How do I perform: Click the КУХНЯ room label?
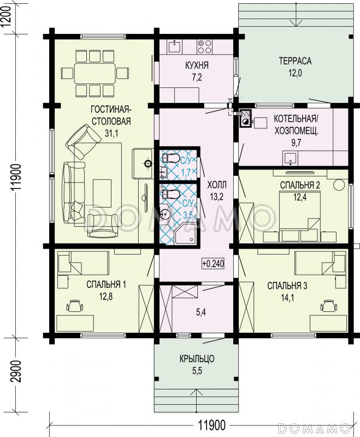click(197, 66)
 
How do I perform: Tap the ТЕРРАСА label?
click(295, 61)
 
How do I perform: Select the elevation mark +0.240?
click(213, 263)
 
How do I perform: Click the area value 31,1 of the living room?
click(111, 133)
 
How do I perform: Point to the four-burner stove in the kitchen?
click(205, 46)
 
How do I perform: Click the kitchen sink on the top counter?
click(175, 46)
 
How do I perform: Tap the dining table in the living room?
click(95, 73)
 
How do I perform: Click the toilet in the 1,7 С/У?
click(170, 158)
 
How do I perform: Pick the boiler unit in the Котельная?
click(245, 118)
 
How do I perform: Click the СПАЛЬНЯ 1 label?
click(106, 285)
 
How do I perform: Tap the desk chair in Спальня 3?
click(329, 306)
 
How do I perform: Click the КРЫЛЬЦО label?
click(197, 359)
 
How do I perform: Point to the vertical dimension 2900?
click(17, 371)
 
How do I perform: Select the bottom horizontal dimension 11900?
click(212, 426)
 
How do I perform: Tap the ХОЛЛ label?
click(217, 185)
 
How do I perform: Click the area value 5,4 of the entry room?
click(201, 312)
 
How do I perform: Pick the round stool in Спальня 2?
click(339, 185)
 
